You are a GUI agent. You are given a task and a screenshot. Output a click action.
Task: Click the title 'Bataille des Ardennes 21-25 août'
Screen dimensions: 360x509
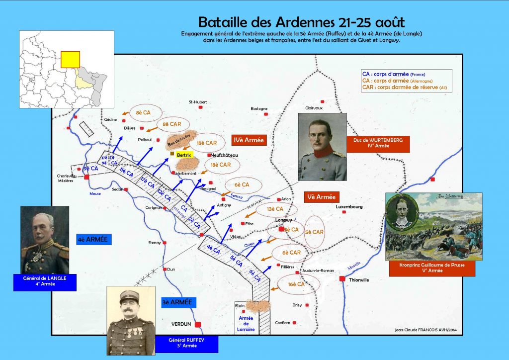(x=302, y=22)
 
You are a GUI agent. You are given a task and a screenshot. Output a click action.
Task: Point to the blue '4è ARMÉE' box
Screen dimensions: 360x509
(x=92, y=240)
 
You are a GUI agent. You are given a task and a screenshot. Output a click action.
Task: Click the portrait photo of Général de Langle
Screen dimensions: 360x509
(x=45, y=239)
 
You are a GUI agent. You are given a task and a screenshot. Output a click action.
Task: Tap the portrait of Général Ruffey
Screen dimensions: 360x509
(x=131, y=320)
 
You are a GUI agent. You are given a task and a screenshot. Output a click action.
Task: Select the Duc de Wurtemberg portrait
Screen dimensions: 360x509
(x=323, y=147)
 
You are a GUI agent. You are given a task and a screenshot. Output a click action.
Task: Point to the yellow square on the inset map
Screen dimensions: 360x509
(x=70, y=59)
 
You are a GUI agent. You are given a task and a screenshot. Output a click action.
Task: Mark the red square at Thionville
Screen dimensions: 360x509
(x=342, y=279)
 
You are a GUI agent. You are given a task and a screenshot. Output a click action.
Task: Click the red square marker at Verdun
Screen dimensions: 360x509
(x=198, y=324)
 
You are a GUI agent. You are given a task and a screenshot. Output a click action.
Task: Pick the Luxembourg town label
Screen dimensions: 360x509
(x=349, y=206)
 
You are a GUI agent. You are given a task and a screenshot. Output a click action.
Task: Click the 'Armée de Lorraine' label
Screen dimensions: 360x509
(x=246, y=323)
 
